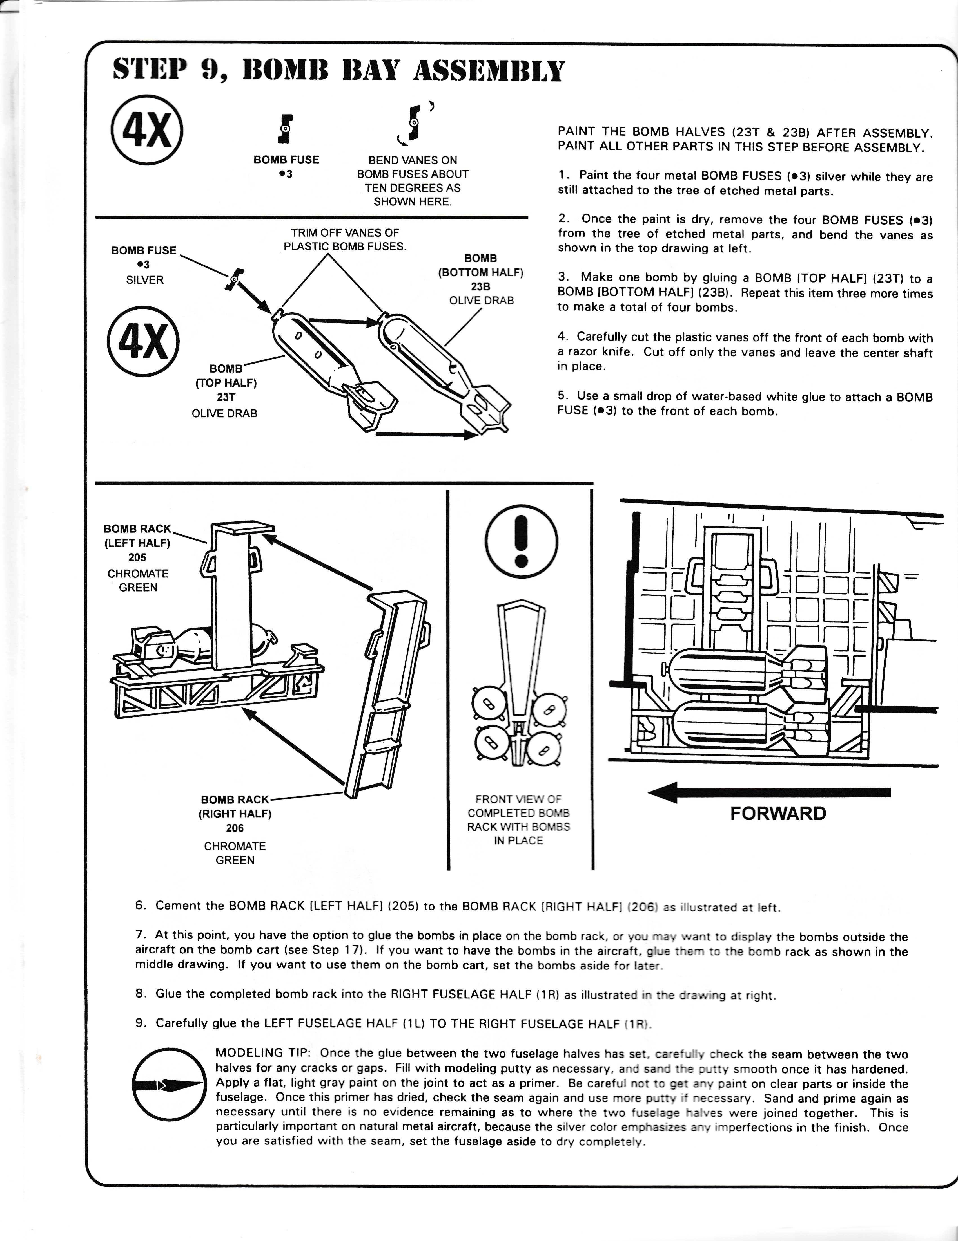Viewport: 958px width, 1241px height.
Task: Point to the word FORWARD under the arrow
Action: coord(777,814)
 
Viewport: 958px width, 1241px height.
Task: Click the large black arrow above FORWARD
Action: coord(769,792)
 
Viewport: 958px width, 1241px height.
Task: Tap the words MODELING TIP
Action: coord(262,1053)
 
